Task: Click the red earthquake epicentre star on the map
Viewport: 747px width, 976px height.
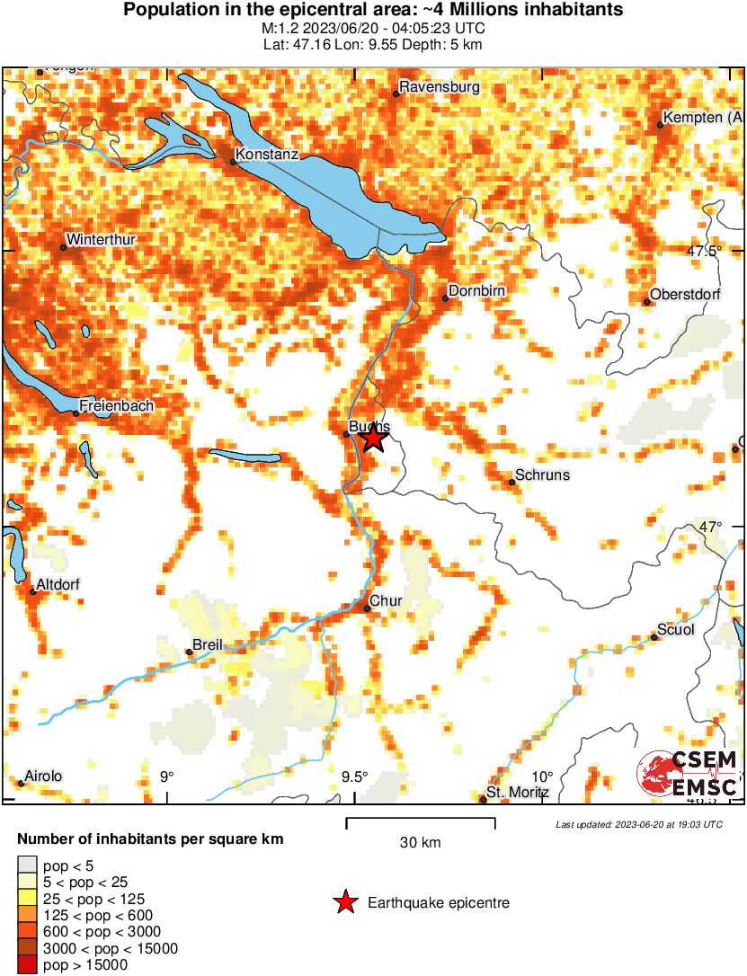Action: point(373,439)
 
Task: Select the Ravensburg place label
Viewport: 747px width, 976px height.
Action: point(440,87)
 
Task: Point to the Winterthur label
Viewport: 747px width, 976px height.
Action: point(98,241)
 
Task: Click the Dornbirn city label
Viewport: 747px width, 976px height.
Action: point(477,291)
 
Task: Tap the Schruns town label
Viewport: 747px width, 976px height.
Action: point(542,475)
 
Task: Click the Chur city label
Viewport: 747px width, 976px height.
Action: point(386,601)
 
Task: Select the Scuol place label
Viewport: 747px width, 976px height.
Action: point(676,630)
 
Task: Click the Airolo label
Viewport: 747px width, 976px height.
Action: point(45,776)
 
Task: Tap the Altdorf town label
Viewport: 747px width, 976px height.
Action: point(58,585)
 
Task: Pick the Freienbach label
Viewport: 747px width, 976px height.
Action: point(116,406)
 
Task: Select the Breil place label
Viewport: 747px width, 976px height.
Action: point(208,645)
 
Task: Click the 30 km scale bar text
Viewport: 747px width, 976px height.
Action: point(420,843)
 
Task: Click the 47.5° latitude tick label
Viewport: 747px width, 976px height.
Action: point(704,252)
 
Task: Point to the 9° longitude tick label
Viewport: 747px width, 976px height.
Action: point(166,776)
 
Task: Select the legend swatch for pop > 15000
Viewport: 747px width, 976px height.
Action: point(28,964)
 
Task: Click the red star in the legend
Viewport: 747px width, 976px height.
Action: point(345,902)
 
